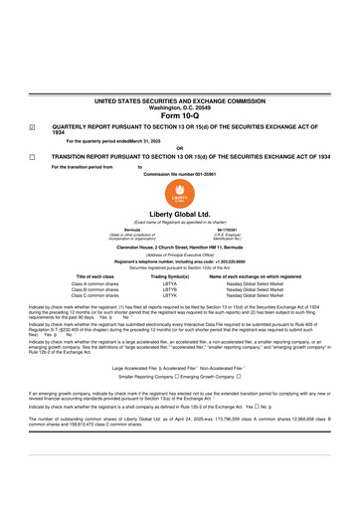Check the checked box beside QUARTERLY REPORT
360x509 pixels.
(31, 127)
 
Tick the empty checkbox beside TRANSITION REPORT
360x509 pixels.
(31, 156)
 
